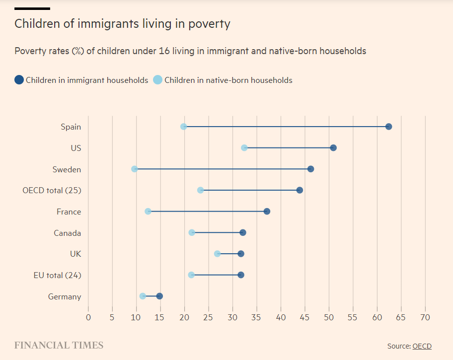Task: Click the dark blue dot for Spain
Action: pyautogui.click(x=388, y=127)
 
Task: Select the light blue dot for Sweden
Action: pyautogui.click(x=135, y=169)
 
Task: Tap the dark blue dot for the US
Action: pyautogui.click(x=333, y=148)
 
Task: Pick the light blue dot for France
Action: pyautogui.click(x=148, y=212)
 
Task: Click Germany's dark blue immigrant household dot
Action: pyautogui.click(x=159, y=296)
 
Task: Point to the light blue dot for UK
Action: pyautogui.click(x=217, y=254)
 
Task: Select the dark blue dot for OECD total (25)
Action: pyautogui.click(x=300, y=190)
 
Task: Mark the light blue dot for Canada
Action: pyautogui.click(x=192, y=233)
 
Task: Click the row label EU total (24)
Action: pyautogui.click(x=58, y=275)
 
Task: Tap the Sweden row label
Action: pyautogui.click(x=67, y=169)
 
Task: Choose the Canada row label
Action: pyautogui.click(x=68, y=233)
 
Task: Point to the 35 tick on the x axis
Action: pyautogui.click(x=257, y=317)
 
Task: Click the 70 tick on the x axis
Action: pyautogui.click(x=425, y=317)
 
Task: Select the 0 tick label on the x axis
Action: pyautogui.click(x=88, y=317)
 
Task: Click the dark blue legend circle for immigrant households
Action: pyautogui.click(x=19, y=80)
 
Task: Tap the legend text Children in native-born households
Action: pyautogui.click(x=228, y=80)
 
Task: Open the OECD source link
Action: pyautogui.click(x=422, y=346)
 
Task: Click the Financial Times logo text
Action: pyautogui.click(x=59, y=345)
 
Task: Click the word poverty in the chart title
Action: pyautogui.click(x=209, y=23)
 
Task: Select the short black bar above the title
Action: pyautogui.click(x=32, y=8)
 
